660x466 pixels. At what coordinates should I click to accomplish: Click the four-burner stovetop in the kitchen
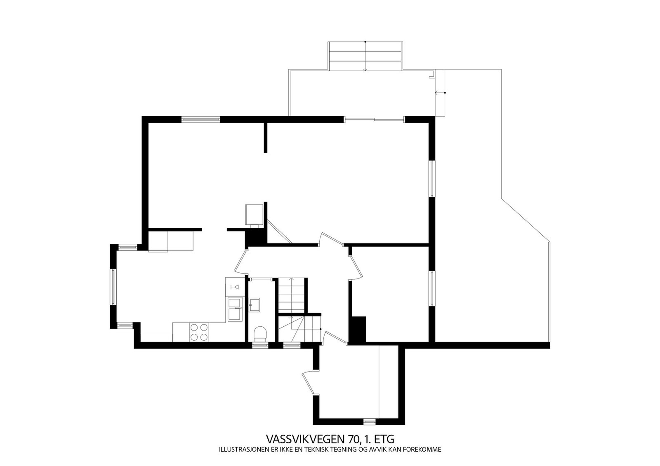(199, 332)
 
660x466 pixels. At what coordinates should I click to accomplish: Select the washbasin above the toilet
(255, 305)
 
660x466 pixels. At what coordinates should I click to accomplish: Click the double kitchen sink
(236, 308)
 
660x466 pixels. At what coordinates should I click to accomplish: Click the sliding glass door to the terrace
(374, 120)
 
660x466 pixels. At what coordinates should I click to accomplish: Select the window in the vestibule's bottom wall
(369, 422)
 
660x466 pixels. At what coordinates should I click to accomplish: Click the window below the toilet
(260, 345)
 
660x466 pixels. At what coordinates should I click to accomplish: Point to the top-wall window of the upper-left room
(200, 119)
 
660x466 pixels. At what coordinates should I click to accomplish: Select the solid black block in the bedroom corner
(358, 329)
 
